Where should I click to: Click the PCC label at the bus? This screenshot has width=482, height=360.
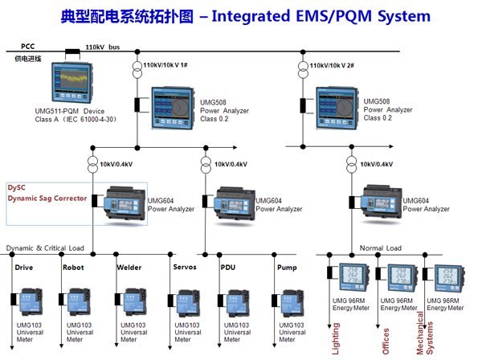point(27,47)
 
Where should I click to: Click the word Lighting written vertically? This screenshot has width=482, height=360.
point(336,337)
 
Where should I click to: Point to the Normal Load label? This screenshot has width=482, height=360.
point(380,248)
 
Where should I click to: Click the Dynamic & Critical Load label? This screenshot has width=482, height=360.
point(45,248)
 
